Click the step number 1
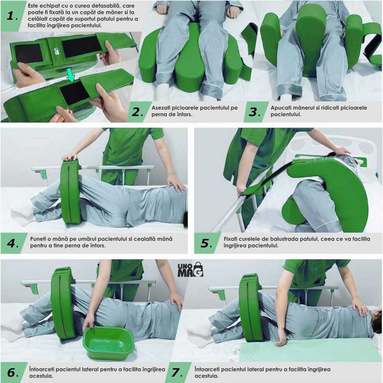coord(11,16)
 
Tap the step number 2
coord(137,112)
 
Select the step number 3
coord(254,112)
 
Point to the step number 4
coord(13,243)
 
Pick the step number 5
coord(206,243)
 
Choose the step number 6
coord(13,372)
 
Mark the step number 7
coord(177,373)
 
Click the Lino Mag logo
coord(190,270)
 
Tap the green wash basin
coord(109,344)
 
